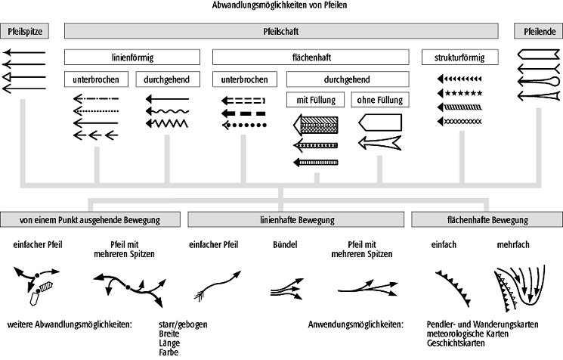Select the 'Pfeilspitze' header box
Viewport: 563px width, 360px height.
click(23, 31)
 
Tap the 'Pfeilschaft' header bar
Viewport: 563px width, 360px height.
click(281, 31)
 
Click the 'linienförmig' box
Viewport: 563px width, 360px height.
click(131, 57)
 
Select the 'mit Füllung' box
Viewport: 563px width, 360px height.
click(315, 99)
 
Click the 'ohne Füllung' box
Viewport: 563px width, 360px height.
click(379, 99)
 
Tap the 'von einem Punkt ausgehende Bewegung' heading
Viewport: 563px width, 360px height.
click(90, 220)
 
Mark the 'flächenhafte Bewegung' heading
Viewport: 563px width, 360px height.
click(486, 220)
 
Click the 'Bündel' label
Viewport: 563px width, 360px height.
click(285, 246)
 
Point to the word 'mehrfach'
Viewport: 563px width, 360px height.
click(512, 246)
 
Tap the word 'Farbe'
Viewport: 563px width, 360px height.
click(168, 350)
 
